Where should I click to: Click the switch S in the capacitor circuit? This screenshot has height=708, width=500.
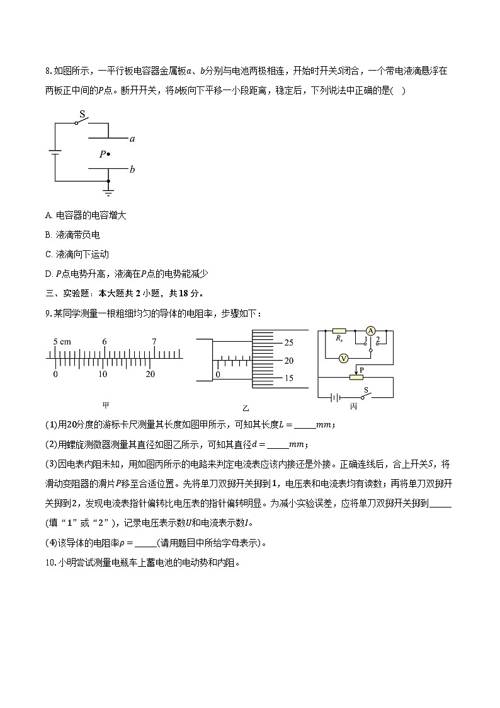click(x=81, y=122)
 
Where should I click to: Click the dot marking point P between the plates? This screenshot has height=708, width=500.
click(x=109, y=153)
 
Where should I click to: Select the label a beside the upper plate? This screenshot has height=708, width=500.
click(x=132, y=139)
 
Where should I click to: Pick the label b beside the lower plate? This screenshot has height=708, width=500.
click(x=132, y=170)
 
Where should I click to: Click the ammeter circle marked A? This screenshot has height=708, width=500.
click(x=371, y=330)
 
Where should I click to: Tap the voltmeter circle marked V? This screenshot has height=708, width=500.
click(x=344, y=357)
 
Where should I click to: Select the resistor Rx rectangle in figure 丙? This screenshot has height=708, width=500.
click(x=339, y=330)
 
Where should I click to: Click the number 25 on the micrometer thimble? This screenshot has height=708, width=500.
click(x=288, y=342)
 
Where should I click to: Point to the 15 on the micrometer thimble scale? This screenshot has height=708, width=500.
click(x=288, y=378)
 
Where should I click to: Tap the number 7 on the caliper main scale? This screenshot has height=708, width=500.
click(x=154, y=342)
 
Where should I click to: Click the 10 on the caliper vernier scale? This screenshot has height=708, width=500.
click(x=103, y=374)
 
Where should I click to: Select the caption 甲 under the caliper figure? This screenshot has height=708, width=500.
click(x=105, y=405)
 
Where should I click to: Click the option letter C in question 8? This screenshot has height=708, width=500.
click(x=48, y=254)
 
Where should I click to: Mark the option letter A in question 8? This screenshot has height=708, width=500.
click(x=48, y=215)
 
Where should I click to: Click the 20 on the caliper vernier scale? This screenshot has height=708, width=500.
click(x=151, y=374)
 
